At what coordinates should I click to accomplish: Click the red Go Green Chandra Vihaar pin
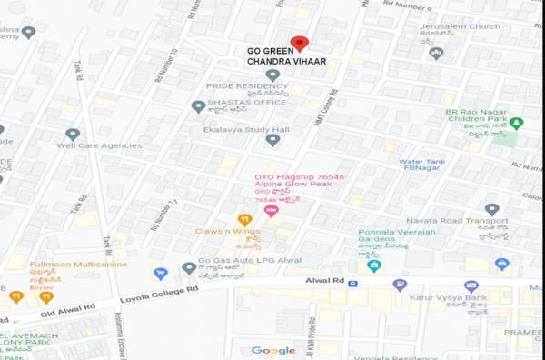pyautogui.click(x=299, y=43)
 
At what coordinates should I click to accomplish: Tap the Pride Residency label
pyautogui.click(x=233, y=85)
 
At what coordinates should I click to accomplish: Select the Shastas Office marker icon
pyautogui.click(x=198, y=106)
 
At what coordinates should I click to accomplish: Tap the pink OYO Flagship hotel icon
pyautogui.click(x=270, y=211)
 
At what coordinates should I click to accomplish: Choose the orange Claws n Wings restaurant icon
pyautogui.click(x=243, y=219)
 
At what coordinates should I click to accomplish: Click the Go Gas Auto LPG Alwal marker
pyautogui.click(x=187, y=267)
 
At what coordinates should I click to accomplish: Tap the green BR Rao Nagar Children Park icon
pyautogui.click(x=516, y=123)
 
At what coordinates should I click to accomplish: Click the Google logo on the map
pyautogui.click(x=273, y=351)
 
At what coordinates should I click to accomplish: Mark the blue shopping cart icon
pyautogui.click(x=161, y=273)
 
